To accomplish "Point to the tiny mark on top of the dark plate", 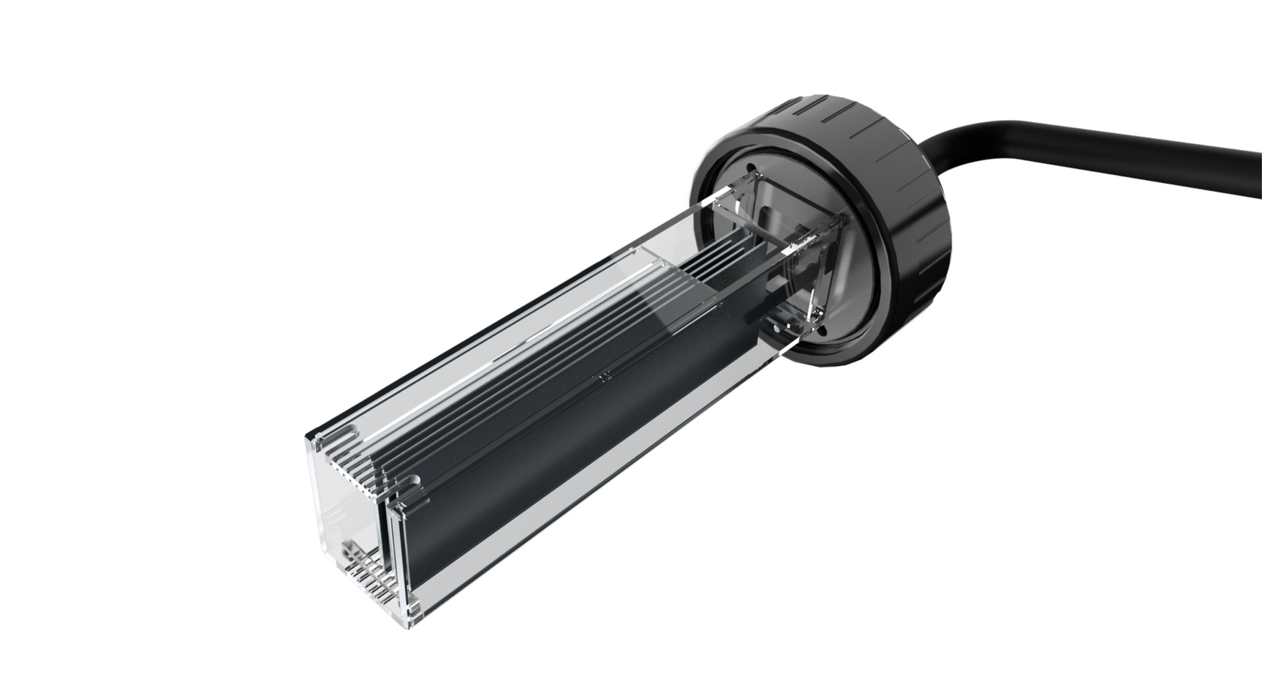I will pyautogui.click(x=602, y=378).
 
